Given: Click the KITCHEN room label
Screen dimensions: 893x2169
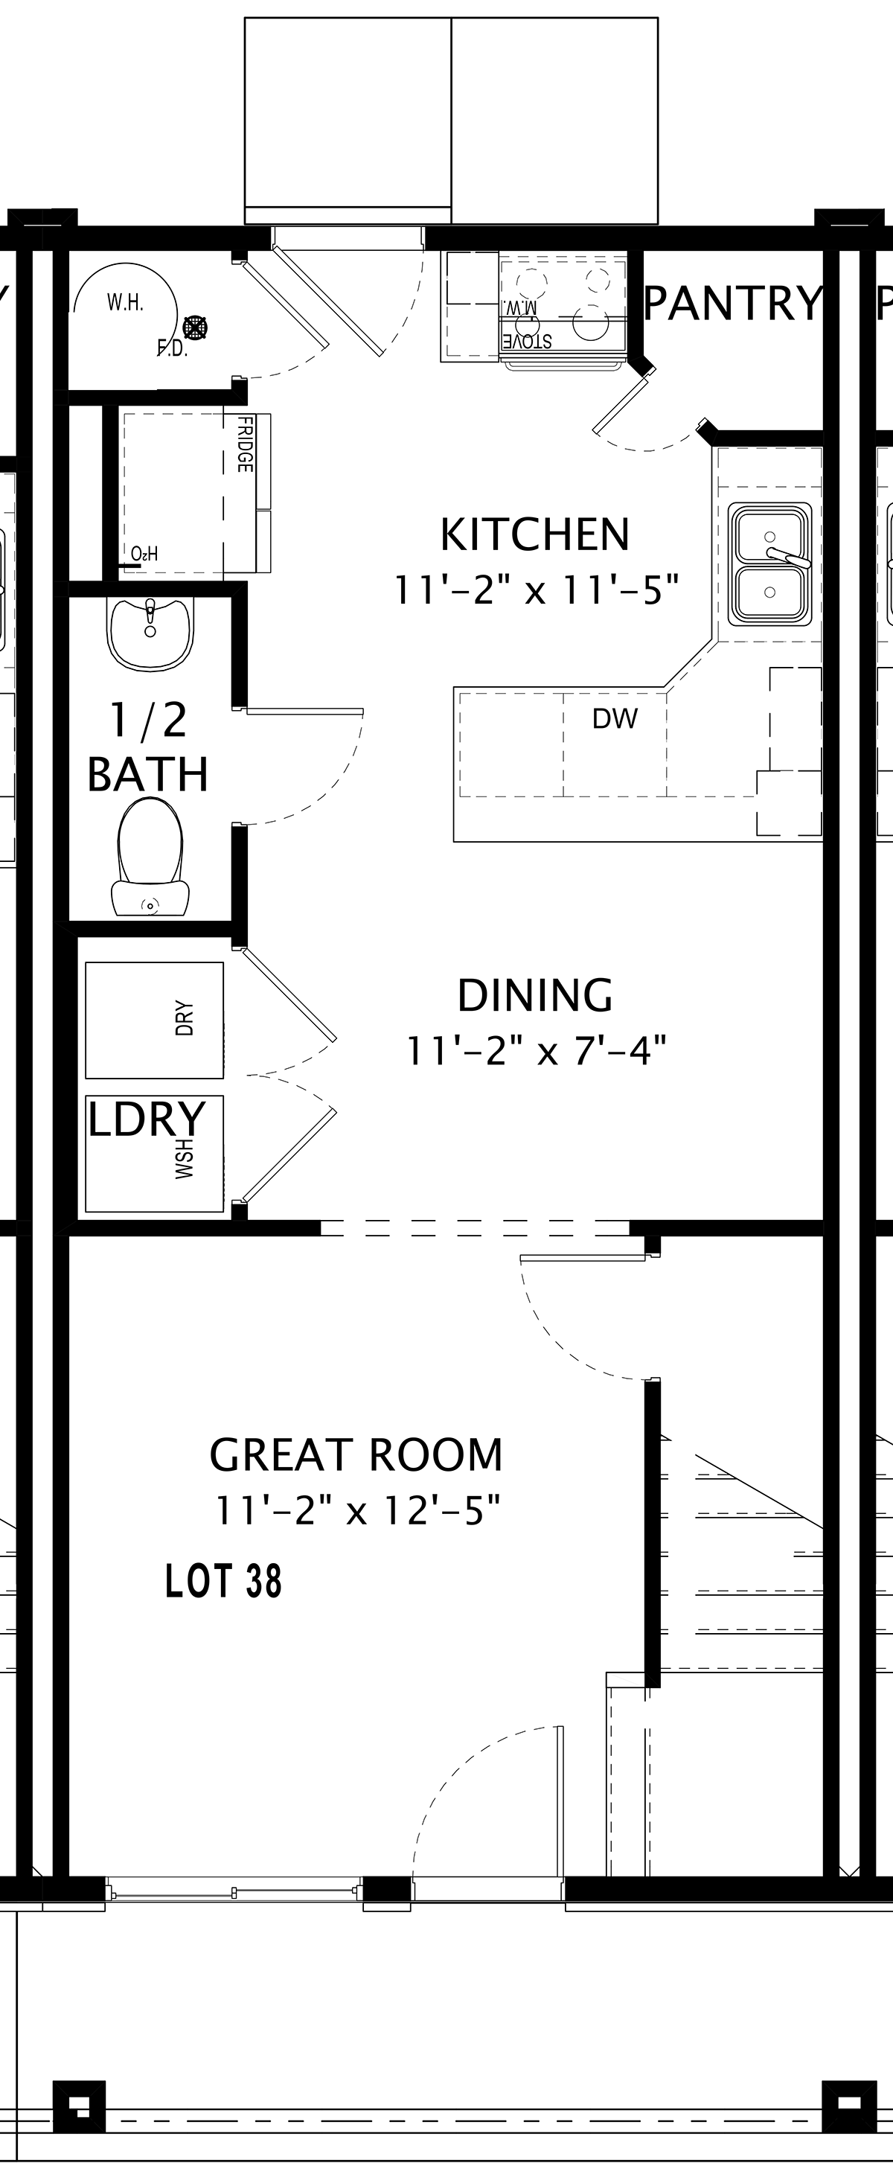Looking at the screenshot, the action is pos(535,534).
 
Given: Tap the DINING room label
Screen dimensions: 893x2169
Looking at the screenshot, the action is pos(535,995).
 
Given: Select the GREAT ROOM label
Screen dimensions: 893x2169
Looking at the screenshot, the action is pos(356,1455).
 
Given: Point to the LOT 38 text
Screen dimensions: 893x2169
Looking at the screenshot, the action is pos(223,1581).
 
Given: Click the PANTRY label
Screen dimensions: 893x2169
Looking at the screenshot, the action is pos(732,303).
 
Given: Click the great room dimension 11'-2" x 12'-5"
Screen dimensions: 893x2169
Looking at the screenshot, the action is pos(358,1510).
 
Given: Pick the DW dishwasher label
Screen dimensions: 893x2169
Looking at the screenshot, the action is pos(615,718).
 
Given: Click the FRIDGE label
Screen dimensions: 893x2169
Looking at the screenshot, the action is pos(245,444).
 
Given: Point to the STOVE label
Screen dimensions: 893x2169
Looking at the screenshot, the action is pos(528,341).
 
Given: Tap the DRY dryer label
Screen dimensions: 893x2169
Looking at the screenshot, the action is pos(185,1019).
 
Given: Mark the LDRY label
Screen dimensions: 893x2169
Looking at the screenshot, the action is pos(147,1119).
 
